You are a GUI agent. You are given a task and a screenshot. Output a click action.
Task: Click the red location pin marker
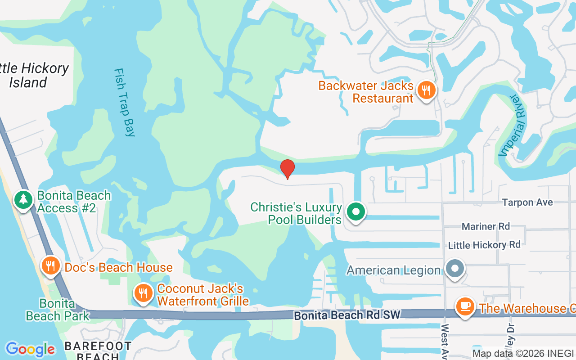pyautogui.click(x=288, y=168)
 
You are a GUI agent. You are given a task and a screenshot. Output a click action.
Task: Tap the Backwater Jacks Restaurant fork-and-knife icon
pyautogui.click(x=425, y=90)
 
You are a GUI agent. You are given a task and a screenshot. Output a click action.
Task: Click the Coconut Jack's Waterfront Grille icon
pyautogui.click(x=143, y=293)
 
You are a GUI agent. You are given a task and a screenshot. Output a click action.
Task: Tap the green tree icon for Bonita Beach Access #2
pyautogui.click(x=23, y=200)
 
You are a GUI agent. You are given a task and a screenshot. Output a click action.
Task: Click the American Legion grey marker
pyautogui.click(x=454, y=269)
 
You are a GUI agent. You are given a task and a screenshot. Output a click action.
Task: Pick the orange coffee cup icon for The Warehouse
pyautogui.click(x=465, y=307)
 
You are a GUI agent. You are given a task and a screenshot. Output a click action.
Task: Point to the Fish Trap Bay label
pyautogui.click(x=125, y=102)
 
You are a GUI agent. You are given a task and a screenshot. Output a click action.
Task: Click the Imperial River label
pyautogui.click(x=512, y=125)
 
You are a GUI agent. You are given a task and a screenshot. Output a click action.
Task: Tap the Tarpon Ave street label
pyautogui.click(x=527, y=202)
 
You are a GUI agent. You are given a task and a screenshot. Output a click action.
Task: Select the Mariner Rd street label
pyautogui.click(x=486, y=226)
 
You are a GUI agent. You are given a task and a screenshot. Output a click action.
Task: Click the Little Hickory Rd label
pyautogui.click(x=484, y=245)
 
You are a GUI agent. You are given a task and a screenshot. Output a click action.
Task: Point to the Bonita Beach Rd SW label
pyautogui.click(x=346, y=315)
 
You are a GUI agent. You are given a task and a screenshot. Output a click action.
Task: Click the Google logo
pyautogui.click(x=30, y=349)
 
